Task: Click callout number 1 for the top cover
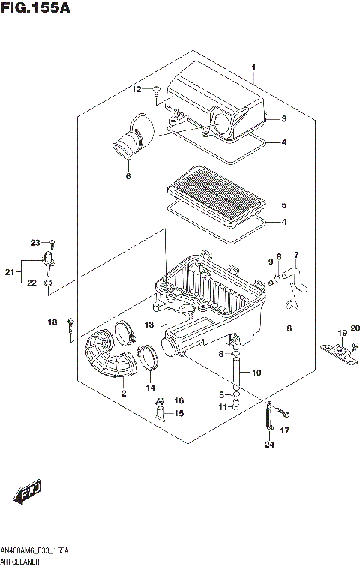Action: coord(253,68)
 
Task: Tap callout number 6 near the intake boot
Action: coord(128,177)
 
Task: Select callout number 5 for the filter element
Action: coord(283,204)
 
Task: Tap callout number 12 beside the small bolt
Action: coord(136,90)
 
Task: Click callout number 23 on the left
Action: coord(34,242)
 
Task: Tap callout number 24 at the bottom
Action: coord(269,445)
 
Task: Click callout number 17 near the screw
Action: coord(284,430)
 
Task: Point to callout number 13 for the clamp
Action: coord(148,325)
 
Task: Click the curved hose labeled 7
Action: coord(301,274)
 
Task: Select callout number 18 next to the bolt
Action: coord(52,322)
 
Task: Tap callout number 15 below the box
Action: coord(178,412)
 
